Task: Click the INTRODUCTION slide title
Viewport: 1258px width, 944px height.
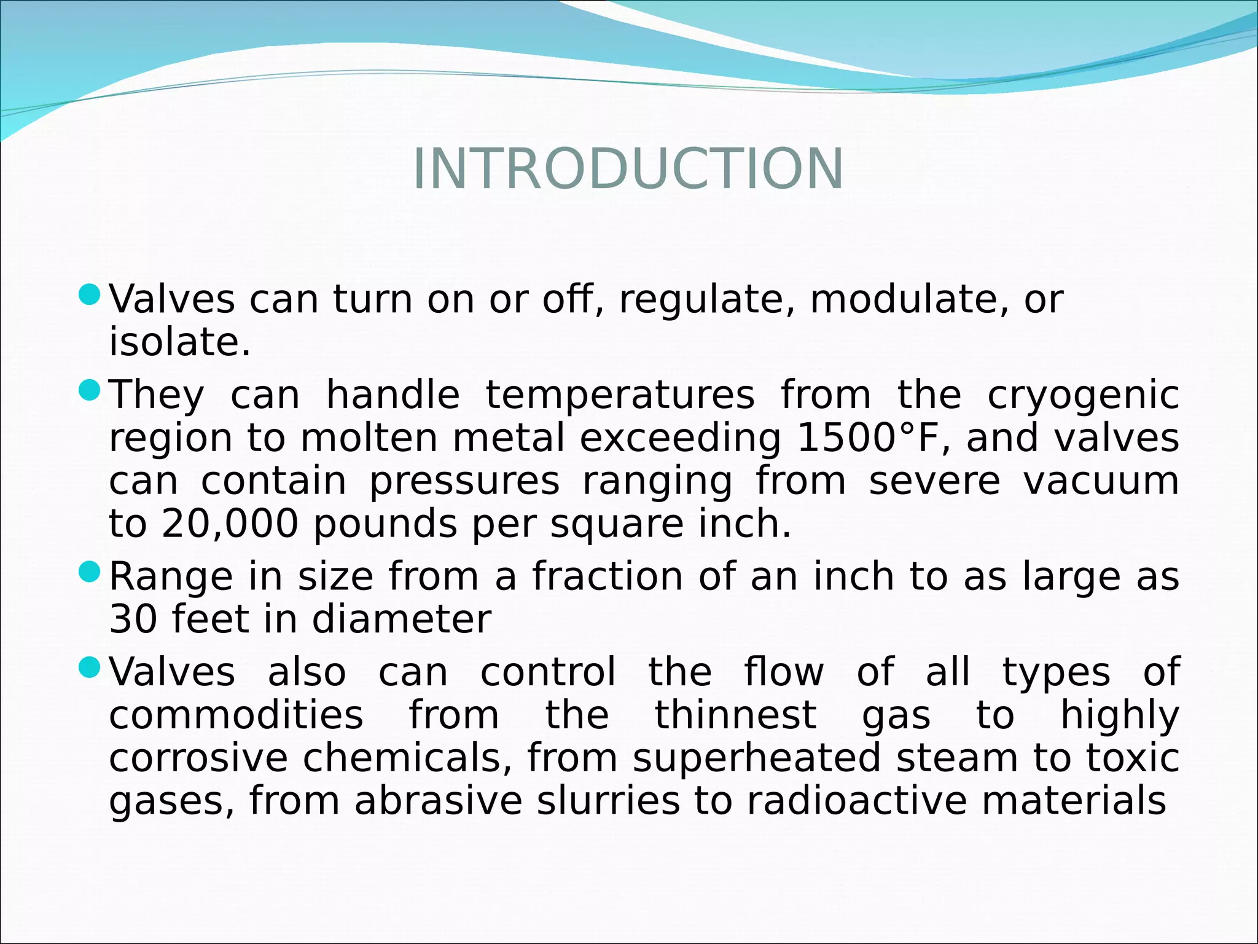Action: click(628, 169)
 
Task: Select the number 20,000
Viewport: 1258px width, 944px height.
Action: click(230, 524)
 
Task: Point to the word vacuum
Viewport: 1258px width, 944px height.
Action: click(1101, 481)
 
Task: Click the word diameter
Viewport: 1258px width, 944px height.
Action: click(401, 619)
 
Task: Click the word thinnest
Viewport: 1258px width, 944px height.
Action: click(735, 715)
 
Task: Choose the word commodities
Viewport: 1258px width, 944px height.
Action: click(236, 715)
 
